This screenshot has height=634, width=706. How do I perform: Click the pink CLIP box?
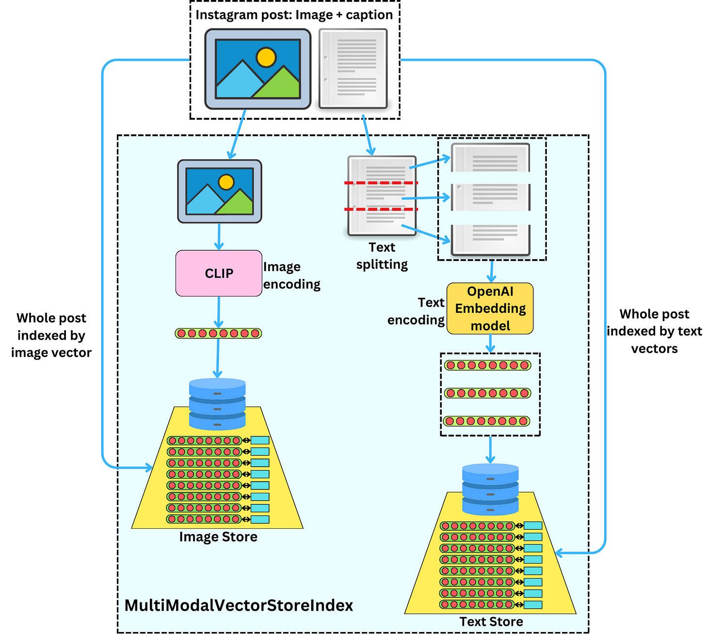click(219, 273)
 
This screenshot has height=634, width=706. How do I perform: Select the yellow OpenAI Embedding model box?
click(490, 309)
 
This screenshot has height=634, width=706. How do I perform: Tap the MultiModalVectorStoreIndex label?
click(239, 605)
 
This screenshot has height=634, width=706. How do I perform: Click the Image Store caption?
click(218, 537)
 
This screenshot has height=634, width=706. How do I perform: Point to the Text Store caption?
click(491, 622)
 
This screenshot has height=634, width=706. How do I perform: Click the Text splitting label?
click(382, 256)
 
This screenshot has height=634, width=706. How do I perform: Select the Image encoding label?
click(291, 275)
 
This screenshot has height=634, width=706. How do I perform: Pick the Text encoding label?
click(417, 311)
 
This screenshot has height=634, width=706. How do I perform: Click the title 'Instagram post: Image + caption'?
click(294, 15)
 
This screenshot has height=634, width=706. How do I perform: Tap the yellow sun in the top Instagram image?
click(266, 57)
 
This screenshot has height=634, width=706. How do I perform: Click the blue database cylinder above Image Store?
click(217, 404)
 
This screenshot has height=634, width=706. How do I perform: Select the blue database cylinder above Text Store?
click(490, 489)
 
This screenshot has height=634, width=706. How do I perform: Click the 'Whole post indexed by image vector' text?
click(51, 335)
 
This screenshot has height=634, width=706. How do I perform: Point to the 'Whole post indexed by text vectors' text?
click(654, 331)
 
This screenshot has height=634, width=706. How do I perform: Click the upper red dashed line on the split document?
click(381, 183)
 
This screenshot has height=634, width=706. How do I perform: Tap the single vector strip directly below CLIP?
click(218, 333)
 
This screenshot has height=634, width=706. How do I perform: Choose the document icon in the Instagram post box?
click(353, 68)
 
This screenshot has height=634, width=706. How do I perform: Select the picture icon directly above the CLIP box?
click(220, 191)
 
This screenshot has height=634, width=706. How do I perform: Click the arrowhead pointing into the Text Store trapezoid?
click(559, 553)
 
